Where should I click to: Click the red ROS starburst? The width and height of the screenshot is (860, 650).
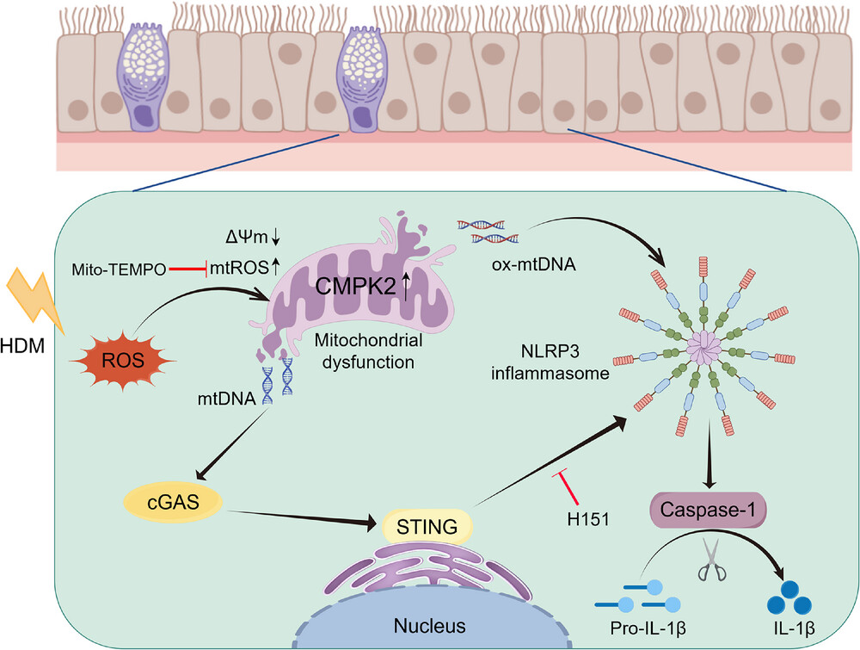(123, 360)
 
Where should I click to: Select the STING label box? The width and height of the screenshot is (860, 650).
(427, 527)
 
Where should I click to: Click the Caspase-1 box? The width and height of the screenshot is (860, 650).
(708, 510)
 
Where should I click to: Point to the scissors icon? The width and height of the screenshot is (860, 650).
(712, 560)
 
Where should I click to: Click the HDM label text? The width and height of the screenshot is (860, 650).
(22, 346)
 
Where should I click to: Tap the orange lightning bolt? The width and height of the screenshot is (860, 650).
(34, 300)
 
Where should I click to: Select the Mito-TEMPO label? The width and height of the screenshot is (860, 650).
(119, 269)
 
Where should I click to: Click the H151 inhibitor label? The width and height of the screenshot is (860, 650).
(588, 519)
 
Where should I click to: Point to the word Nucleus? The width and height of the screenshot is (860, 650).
(429, 625)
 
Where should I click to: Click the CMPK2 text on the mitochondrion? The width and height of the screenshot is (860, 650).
(355, 286)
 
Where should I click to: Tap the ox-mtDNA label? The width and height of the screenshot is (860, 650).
(534, 264)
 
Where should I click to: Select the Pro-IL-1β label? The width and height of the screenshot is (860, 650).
(648, 627)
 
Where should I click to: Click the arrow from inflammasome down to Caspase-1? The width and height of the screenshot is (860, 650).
(710, 455)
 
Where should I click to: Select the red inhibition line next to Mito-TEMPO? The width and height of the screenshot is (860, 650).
(187, 269)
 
